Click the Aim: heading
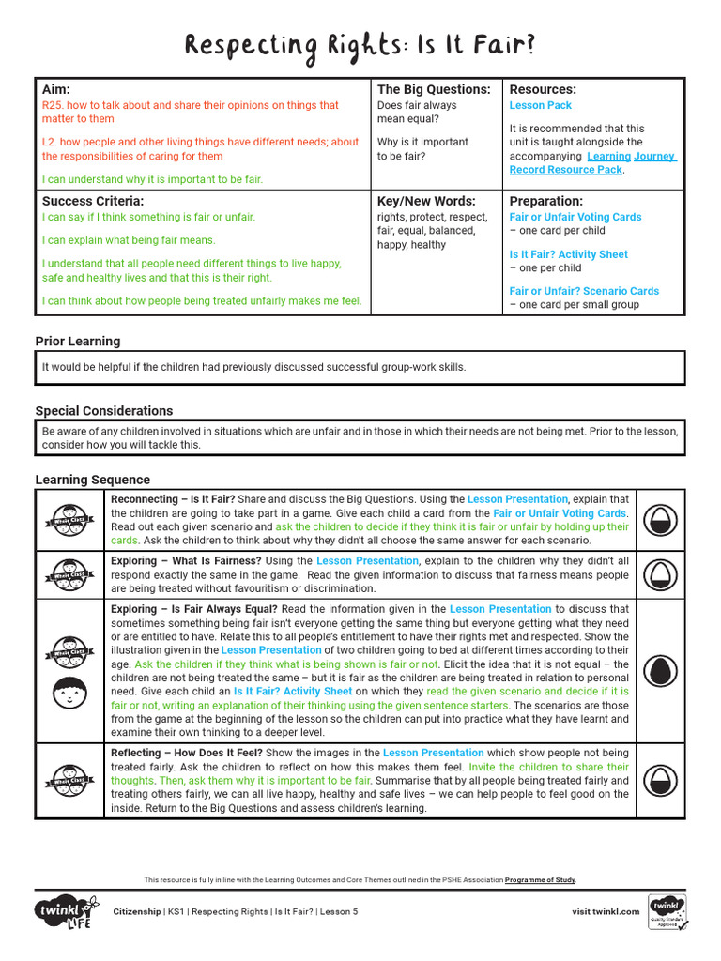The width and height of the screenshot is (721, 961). click(x=57, y=89)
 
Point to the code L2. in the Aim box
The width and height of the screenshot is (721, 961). click(x=52, y=143)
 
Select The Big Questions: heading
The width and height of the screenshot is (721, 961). click(x=434, y=89)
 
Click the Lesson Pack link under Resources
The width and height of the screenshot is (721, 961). click(x=540, y=106)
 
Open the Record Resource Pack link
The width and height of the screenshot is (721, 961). click(x=565, y=170)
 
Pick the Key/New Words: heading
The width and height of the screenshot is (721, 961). click(x=426, y=201)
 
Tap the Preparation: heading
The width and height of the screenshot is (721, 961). click(x=545, y=201)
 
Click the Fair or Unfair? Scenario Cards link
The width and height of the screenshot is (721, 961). click(x=584, y=291)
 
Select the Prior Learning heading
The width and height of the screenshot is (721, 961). click(x=78, y=341)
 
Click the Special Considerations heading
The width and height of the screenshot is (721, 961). click(x=104, y=411)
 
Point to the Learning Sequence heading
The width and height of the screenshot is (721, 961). click(x=92, y=480)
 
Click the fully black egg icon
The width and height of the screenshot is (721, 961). click(x=663, y=671)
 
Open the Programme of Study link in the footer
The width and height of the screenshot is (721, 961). click(x=540, y=880)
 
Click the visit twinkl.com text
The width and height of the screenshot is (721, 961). click(x=606, y=911)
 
